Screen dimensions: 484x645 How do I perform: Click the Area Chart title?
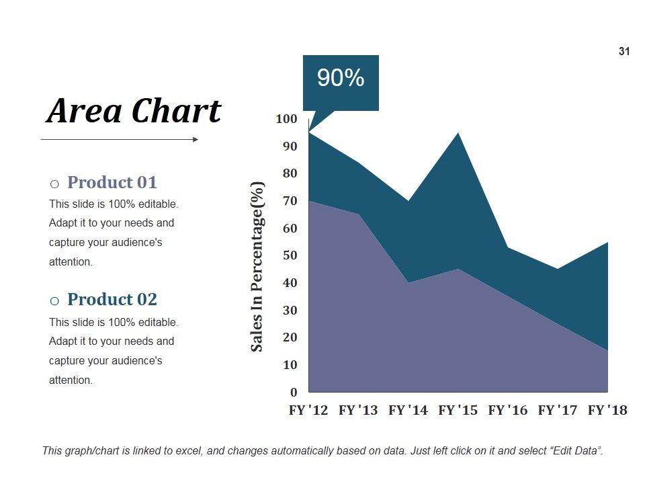pos(134,111)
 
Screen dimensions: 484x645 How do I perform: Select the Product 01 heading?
pos(112,182)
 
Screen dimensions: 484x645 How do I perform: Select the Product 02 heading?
pos(112,299)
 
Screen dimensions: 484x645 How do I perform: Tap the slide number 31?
pos(624,52)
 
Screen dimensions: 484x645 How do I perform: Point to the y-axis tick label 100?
pos(286,119)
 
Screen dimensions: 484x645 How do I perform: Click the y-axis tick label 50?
pos(289,255)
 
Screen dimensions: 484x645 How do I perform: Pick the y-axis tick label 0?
pos(294,392)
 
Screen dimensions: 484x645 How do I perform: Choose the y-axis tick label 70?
pos(289,201)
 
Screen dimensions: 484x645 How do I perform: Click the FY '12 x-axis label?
pos(308,410)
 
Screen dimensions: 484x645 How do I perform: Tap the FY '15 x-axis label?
pos(458,410)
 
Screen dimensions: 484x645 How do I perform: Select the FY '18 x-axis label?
pos(607,410)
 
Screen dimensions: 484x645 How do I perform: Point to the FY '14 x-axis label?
pos(408,410)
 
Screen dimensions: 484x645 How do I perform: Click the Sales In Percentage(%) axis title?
pos(257,266)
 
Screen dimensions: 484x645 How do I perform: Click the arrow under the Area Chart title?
pos(120,140)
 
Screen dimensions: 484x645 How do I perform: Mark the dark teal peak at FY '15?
pos(458,134)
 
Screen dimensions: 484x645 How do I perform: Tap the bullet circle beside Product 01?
pos(54,184)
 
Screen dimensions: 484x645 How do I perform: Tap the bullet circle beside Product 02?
pos(54,300)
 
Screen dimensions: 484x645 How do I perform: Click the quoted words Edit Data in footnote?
pos(576,451)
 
